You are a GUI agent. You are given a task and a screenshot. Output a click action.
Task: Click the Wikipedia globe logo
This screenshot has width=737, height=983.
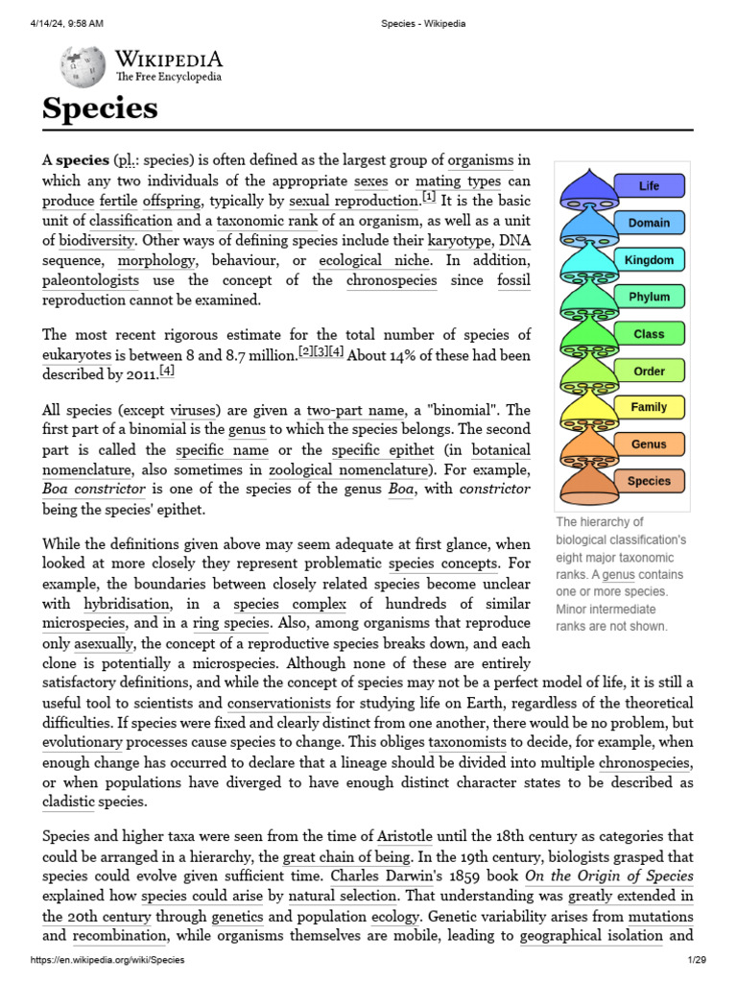point(83,66)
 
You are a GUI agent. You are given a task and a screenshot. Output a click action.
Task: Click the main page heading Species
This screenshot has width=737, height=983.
point(100,108)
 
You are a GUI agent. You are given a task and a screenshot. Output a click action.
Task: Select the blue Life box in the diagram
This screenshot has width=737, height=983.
point(649,185)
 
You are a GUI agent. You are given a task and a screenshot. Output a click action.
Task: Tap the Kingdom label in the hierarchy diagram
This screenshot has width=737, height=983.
point(649,260)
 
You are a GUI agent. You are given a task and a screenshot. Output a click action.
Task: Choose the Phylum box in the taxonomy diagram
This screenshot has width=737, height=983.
point(649,297)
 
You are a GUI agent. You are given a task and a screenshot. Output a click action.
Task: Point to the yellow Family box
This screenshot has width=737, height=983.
point(649,407)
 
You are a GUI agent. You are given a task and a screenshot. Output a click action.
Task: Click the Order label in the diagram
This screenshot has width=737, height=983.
point(649,371)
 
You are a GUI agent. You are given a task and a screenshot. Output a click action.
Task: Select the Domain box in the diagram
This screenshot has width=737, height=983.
point(649,223)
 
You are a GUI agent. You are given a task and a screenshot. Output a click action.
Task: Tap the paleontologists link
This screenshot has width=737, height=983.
point(90,280)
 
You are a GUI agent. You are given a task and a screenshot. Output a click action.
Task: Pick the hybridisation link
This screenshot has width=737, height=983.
point(128,604)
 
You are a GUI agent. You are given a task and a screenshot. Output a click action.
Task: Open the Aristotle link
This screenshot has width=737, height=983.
point(412,837)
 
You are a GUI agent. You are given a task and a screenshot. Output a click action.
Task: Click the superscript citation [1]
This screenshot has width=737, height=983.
point(429,198)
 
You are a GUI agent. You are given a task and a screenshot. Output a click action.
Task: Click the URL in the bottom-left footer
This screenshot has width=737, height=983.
point(107,960)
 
